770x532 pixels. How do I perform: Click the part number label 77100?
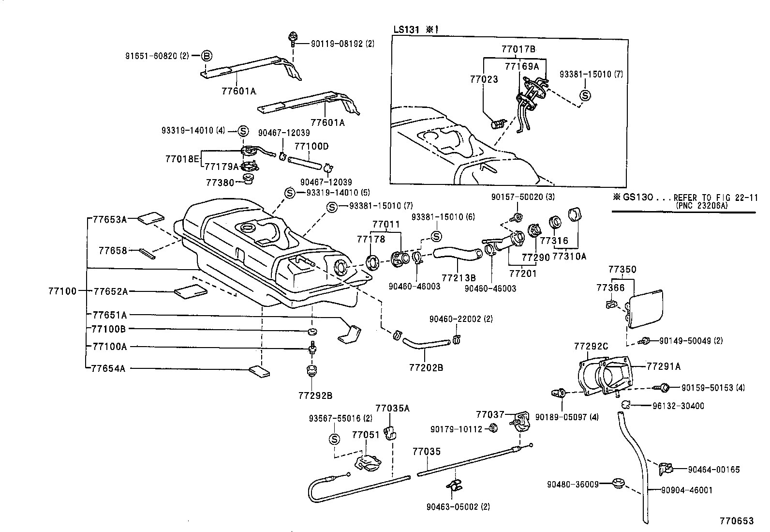(62, 291)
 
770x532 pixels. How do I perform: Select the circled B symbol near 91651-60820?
(207, 56)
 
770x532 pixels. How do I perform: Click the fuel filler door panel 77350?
(646, 308)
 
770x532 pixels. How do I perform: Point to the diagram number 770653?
(736, 521)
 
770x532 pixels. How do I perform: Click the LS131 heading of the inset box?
(405, 29)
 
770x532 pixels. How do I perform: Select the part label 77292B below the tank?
(315, 395)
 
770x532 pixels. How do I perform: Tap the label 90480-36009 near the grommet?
(573, 484)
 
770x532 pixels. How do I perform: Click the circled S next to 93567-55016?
(334, 439)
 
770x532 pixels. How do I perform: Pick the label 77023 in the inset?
(484, 78)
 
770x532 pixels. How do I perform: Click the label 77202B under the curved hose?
(426, 367)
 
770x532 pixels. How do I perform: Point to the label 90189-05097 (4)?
(567, 417)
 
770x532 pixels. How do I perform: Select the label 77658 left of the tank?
(113, 250)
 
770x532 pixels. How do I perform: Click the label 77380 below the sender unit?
(220, 182)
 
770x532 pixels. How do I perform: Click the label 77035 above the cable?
(427, 452)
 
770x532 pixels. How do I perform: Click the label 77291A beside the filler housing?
(663, 366)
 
